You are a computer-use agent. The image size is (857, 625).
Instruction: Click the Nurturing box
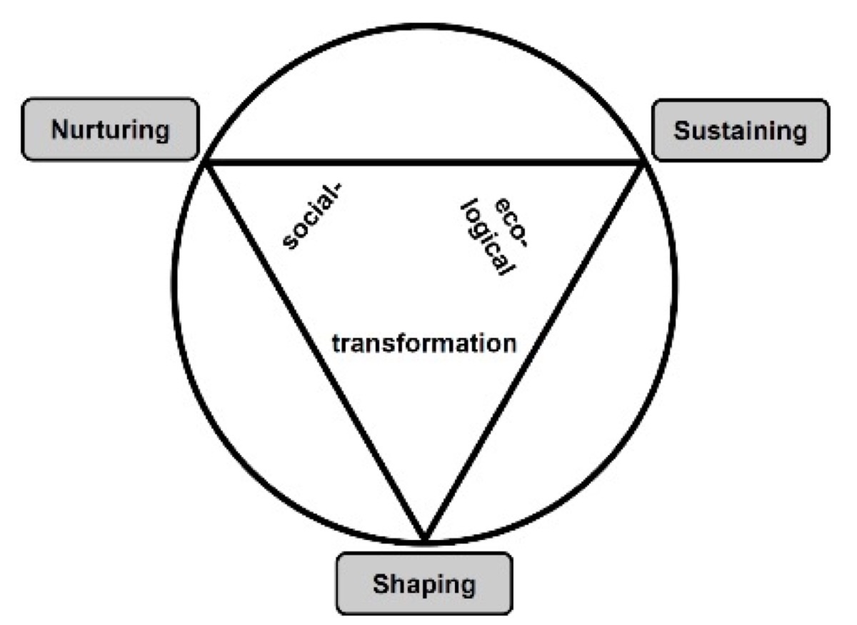[x=110, y=129]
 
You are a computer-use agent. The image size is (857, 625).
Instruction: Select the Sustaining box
[x=740, y=130]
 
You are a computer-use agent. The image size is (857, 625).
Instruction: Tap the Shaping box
[x=424, y=584]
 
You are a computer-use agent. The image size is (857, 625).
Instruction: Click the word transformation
[x=424, y=343]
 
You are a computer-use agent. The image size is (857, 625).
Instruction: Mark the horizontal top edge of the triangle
[x=424, y=164]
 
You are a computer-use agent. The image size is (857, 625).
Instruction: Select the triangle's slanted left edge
[x=314, y=350]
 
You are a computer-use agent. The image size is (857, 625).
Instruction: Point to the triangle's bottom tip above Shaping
[x=424, y=536]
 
